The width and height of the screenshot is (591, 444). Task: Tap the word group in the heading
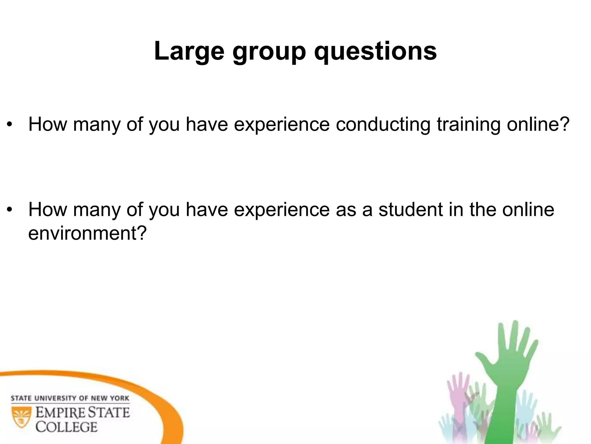coord(269,52)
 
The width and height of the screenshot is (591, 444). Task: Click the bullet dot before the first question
coord(10,125)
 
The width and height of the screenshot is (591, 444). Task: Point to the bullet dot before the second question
coord(10,210)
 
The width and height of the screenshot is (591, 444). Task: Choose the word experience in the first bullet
coord(282,125)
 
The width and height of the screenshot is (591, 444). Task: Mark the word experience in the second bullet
coord(282,210)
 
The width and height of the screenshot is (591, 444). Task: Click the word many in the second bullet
coord(97,210)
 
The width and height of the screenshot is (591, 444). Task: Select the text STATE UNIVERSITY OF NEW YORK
coord(70,398)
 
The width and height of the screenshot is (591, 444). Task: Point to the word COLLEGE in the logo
coord(66,427)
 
